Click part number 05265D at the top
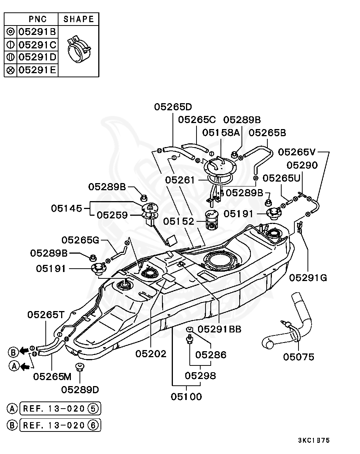[173, 107]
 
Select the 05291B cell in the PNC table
[37, 32]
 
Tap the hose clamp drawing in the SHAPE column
[79, 49]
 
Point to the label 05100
[186, 397]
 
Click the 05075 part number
[298, 357]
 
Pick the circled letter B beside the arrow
[13, 352]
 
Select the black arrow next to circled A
[25, 367]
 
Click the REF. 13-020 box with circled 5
[60, 409]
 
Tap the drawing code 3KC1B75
[314, 440]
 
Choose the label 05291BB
[219, 329]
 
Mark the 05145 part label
[66, 209]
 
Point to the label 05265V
[297, 152]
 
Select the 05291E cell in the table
[37, 70]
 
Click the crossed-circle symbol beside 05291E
[10, 70]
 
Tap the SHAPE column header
[79, 19]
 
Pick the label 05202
[151, 354]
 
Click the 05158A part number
[221, 133]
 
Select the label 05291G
[308, 278]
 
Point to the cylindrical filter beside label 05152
[212, 221]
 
